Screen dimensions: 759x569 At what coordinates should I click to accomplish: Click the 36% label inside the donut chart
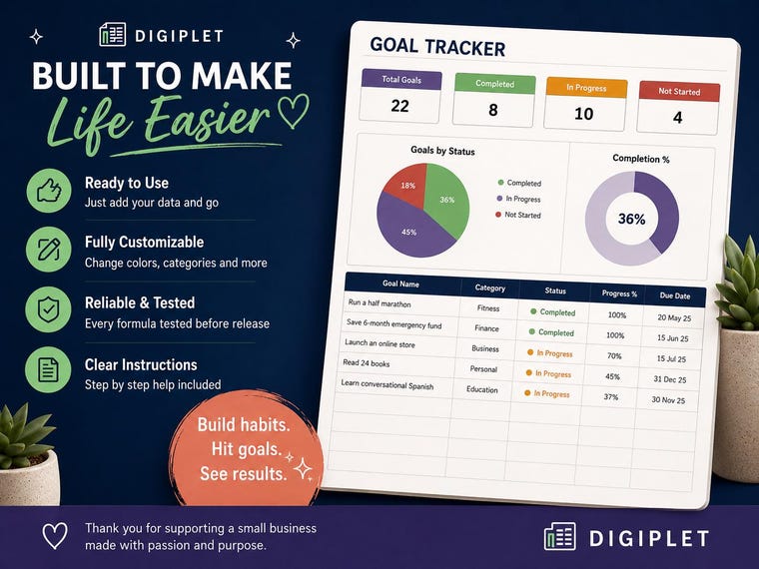coord(632,219)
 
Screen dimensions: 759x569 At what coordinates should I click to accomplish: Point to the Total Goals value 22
coord(399,106)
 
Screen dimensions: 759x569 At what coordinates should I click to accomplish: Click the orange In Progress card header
coord(586,88)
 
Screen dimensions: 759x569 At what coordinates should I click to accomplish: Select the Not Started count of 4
coord(678,117)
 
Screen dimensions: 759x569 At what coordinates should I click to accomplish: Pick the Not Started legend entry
coord(518,215)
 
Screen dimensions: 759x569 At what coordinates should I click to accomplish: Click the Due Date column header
coord(675,295)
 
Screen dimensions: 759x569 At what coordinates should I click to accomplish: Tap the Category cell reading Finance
coord(486,328)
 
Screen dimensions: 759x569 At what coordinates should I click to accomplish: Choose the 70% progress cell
coord(614,356)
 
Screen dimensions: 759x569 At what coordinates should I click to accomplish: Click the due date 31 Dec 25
coord(670,379)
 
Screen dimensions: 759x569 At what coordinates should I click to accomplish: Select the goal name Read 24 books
coord(367,363)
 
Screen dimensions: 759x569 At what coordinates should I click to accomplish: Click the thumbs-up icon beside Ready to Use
coord(49,191)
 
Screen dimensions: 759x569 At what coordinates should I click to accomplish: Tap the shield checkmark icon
coord(48,309)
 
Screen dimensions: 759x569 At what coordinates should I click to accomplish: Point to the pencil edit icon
coord(49,250)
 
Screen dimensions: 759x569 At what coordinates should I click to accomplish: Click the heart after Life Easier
coord(294,111)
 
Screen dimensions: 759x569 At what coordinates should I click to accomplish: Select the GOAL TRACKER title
coord(437,47)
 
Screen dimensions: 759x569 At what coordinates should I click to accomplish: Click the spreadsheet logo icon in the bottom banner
coord(560,536)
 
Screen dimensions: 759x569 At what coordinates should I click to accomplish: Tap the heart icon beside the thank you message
coord(55,536)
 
